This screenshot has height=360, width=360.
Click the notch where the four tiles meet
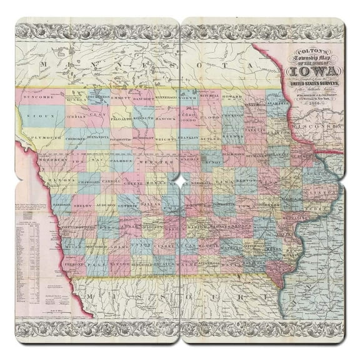click(180, 180)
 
